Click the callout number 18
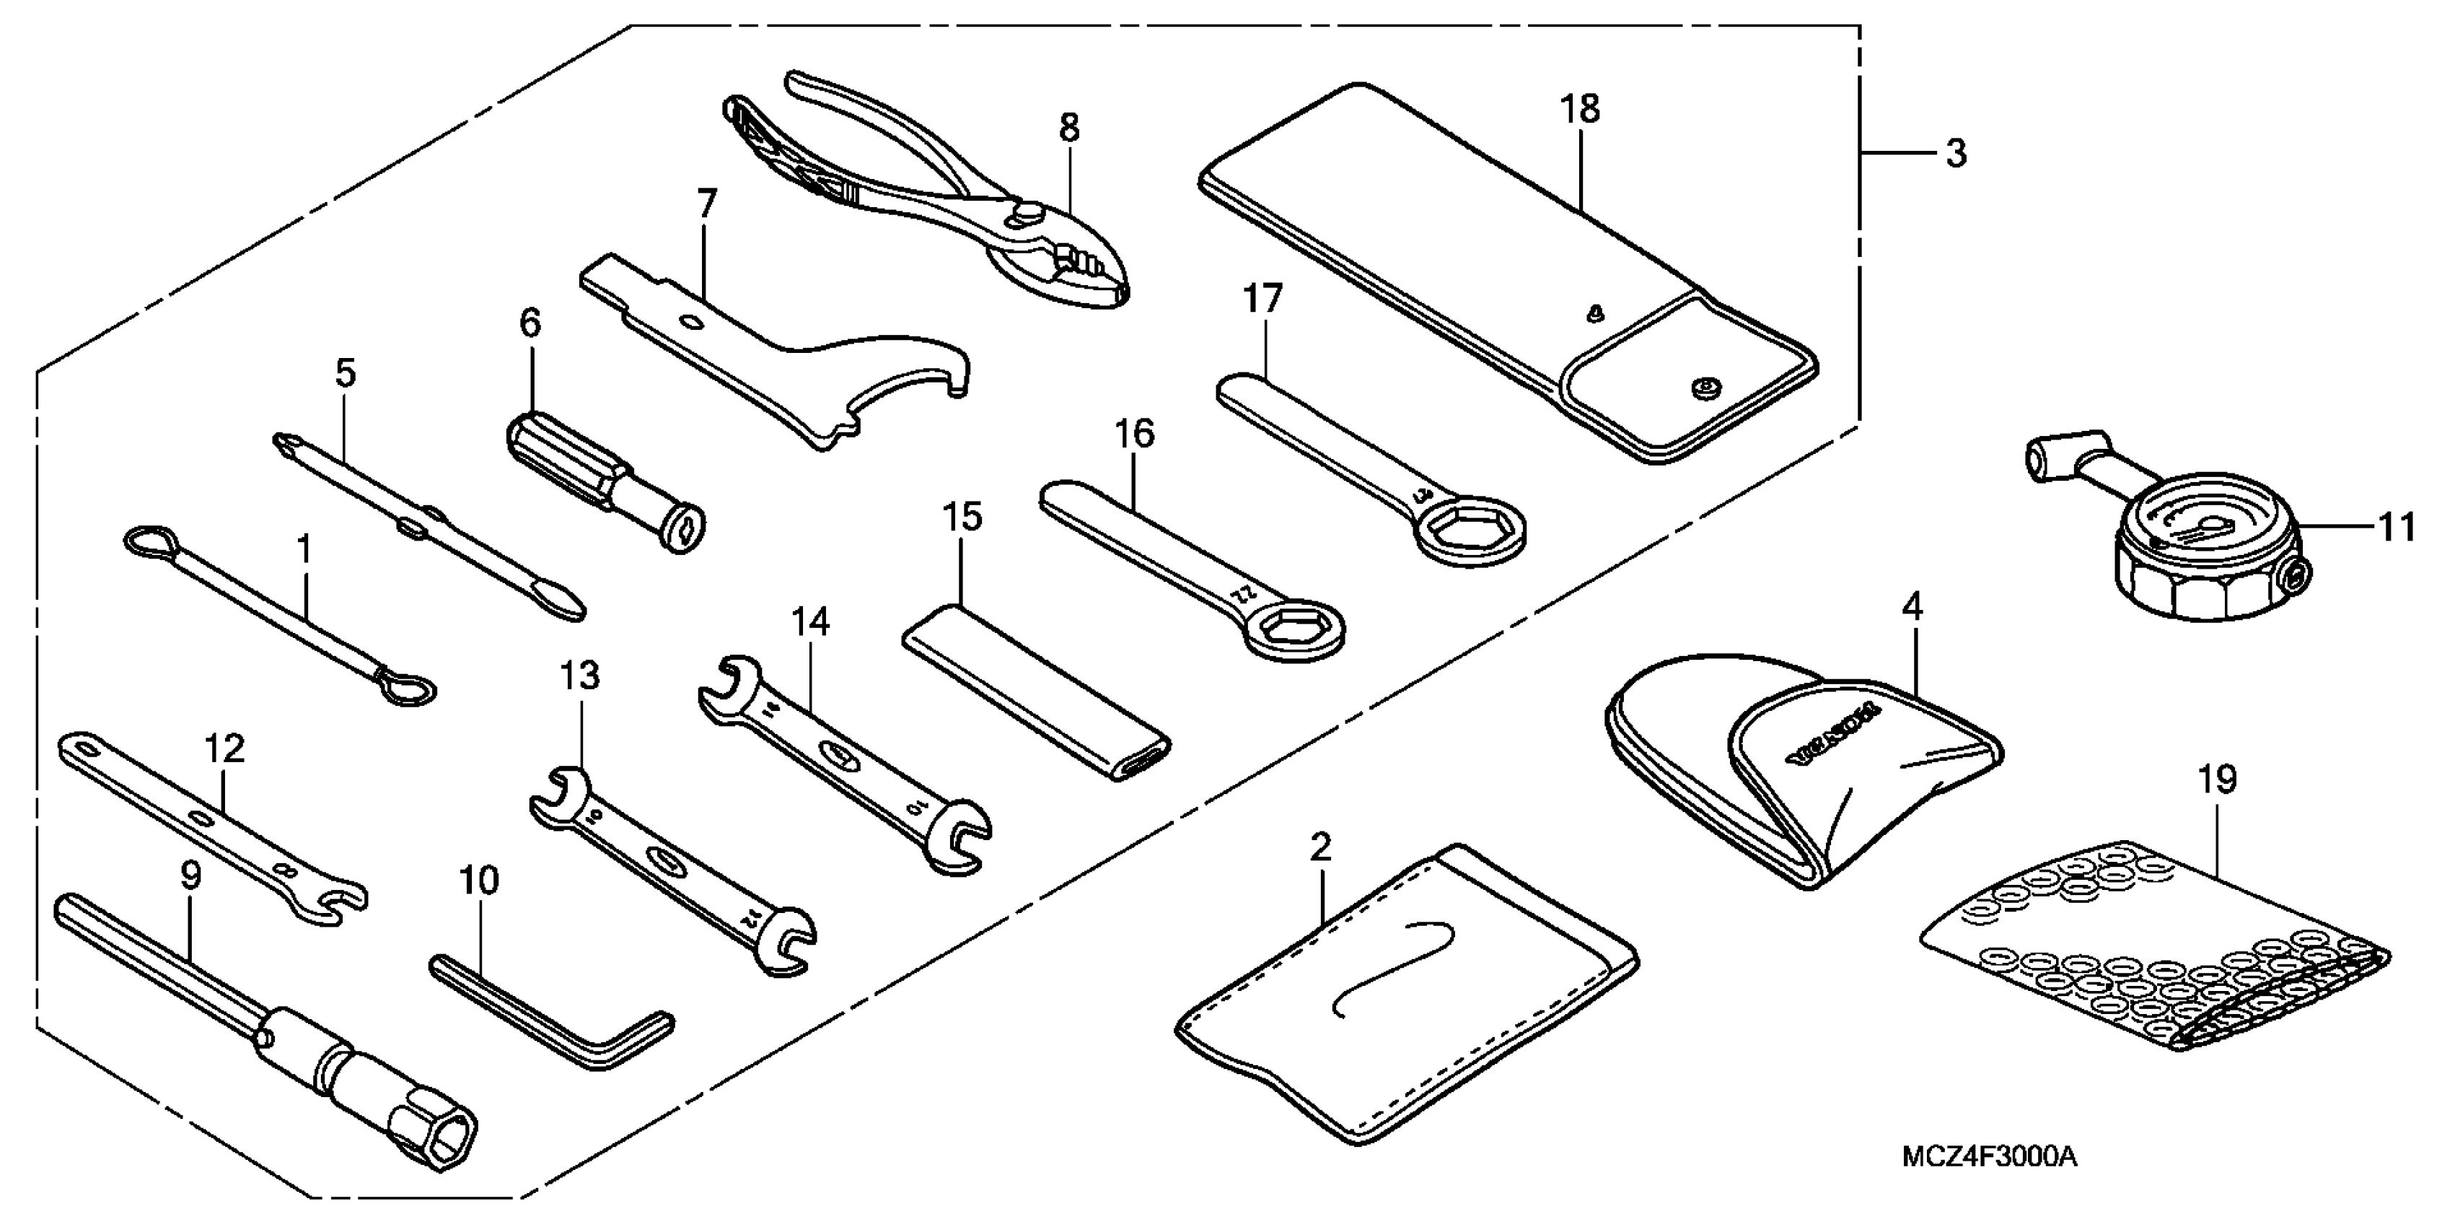(x=1579, y=109)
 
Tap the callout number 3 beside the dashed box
(x=1956, y=152)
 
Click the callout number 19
(x=2218, y=779)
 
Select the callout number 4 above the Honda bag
(x=1912, y=607)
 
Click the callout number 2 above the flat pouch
(x=1320, y=846)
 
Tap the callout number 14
(x=810, y=623)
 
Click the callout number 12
(x=225, y=748)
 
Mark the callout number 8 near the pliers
(x=1069, y=127)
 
